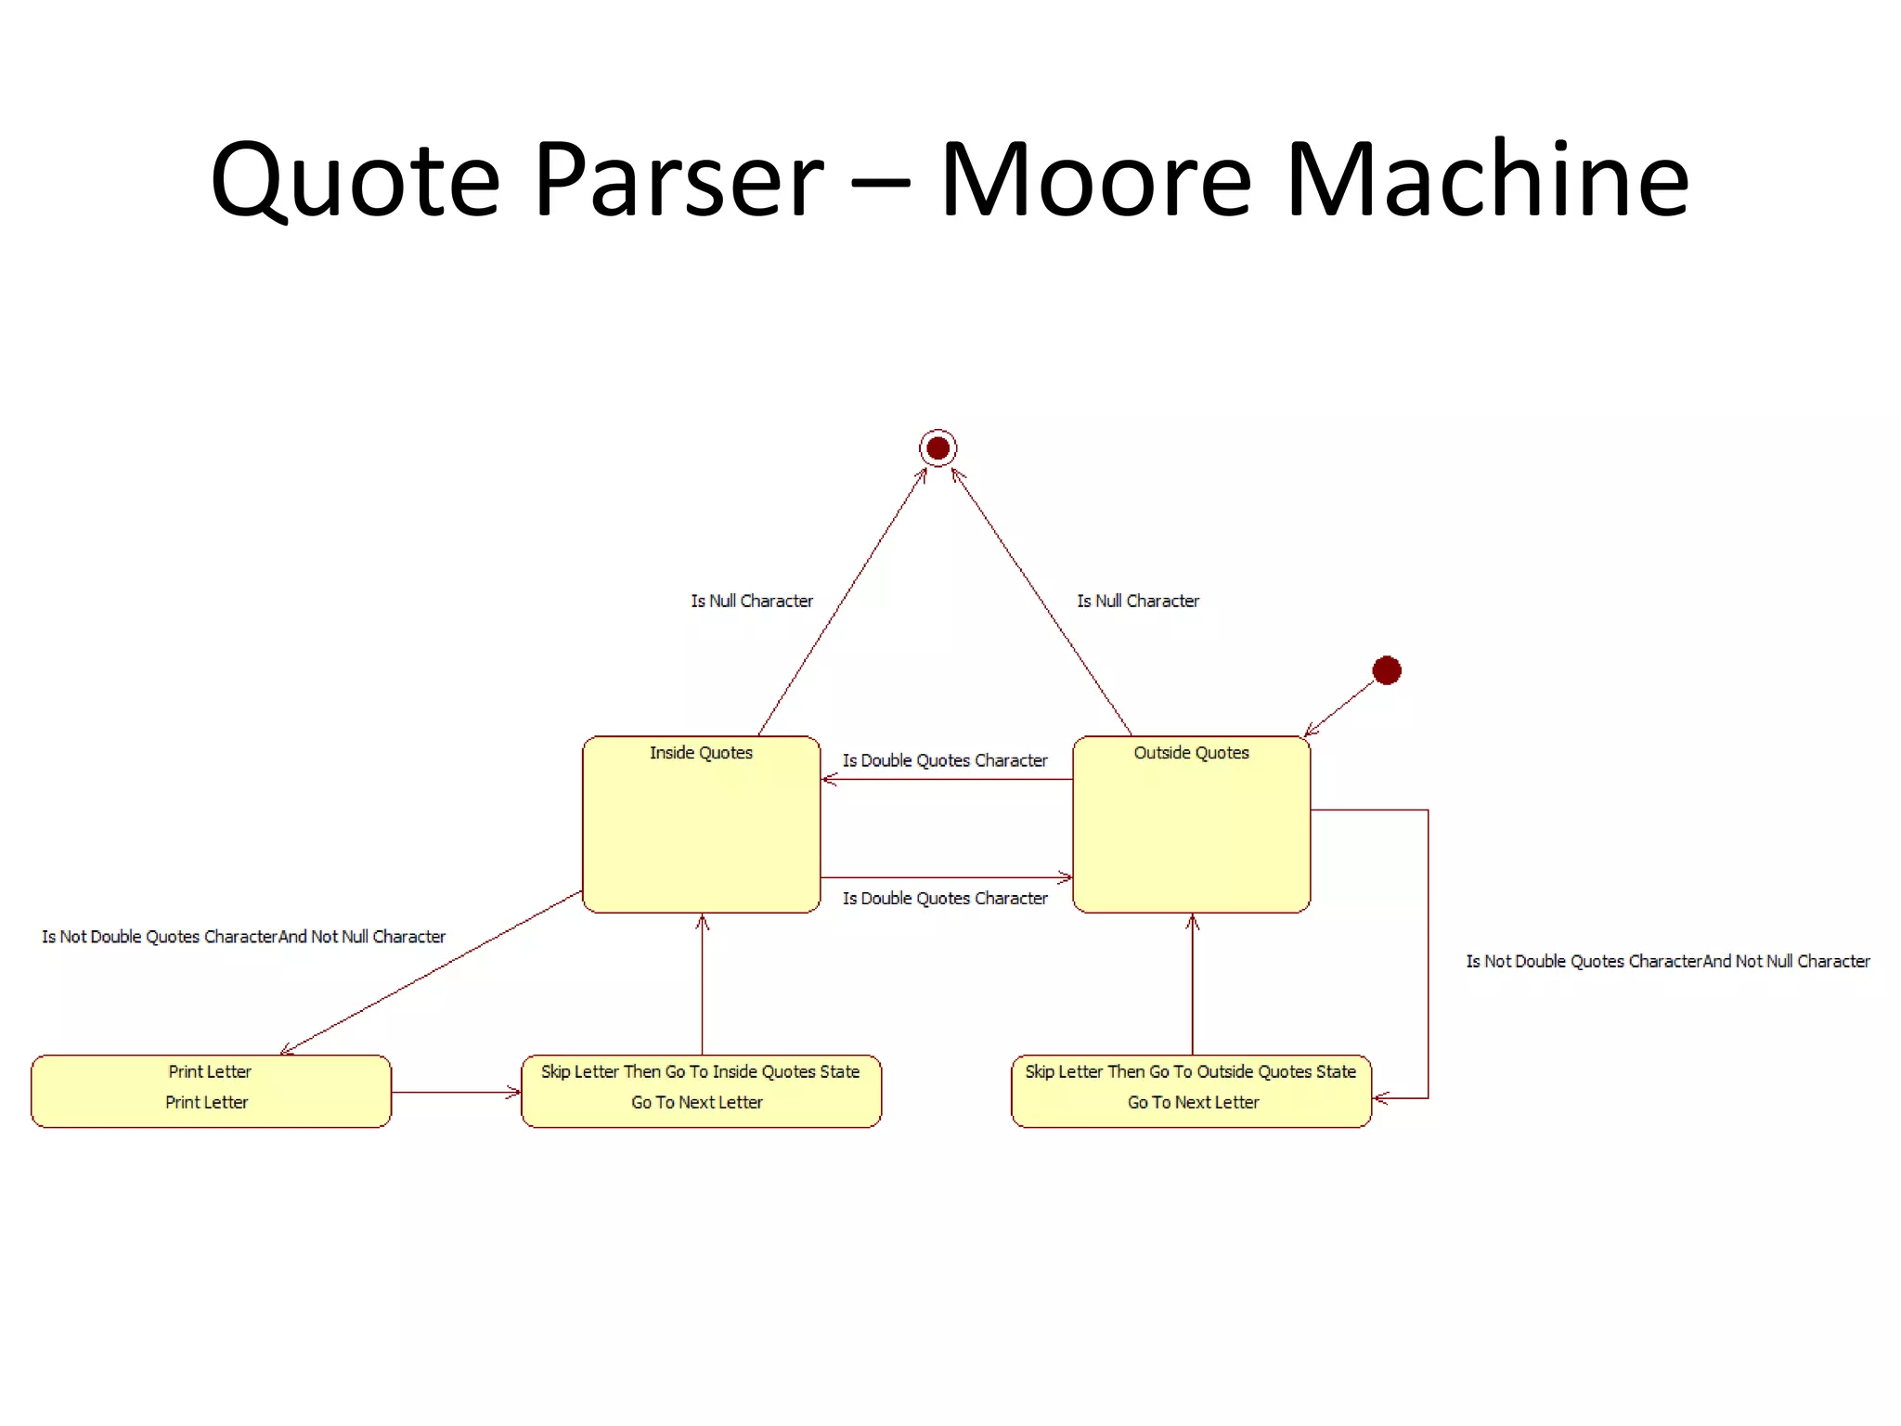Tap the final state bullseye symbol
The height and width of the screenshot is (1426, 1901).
[938, 448]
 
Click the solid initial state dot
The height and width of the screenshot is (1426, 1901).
[1386, 670]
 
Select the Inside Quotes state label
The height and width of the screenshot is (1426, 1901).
[701, 753]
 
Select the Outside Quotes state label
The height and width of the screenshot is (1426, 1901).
[1191, 753]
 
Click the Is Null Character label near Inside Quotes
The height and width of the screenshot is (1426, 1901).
[751, 602]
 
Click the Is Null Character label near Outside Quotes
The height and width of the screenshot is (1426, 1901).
[1137, 602]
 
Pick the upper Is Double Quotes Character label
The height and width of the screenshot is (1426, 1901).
[944, 760]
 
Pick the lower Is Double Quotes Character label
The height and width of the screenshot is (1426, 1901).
[944, 899]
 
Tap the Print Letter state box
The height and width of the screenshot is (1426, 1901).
[211, 1091]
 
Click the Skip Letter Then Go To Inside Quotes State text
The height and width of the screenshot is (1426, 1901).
[700, 1071]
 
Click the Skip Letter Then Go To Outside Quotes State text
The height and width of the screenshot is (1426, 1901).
[1190, 1071]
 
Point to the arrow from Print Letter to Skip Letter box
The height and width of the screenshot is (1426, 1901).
[456, 1093]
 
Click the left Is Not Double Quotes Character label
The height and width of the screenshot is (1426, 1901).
[243, 937]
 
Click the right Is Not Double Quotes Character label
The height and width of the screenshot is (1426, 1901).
[1667, 962]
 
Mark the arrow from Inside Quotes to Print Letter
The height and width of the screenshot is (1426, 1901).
[432, 972]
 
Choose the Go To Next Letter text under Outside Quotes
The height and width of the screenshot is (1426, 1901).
[1193, 1103]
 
